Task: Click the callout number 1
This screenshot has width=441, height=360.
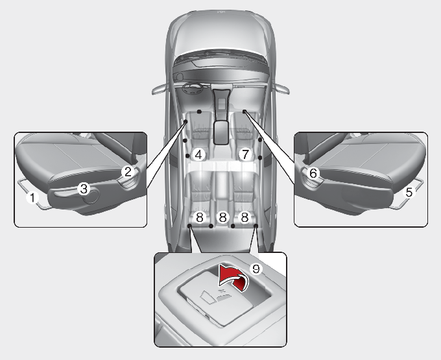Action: pyautogui.click(x=32, y=197)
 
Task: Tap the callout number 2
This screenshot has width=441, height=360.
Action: pyautogui.click(x=128, y=171)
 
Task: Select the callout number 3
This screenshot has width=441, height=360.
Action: pyautogui.click(x=84, y=189)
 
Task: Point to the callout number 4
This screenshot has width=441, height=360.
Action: pyautogui.click(x=198, y=154)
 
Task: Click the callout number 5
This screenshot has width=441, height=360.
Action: pyautogui.click(x=409, y=193)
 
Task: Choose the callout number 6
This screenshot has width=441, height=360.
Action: pyautogui.click(x=313, y=173)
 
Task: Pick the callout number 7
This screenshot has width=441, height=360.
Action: pyautogui.click(x=245, y=154)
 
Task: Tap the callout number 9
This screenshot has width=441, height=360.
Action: pyautogui.click(x=256, y=269)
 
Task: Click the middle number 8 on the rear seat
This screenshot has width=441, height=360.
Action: pyautogui.click(x=222, y=217)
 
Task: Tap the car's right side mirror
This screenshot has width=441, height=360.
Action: pyautogui.click(x=282, y=89)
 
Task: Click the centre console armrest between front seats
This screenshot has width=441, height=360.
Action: pyautogui.click(x=221, y=132)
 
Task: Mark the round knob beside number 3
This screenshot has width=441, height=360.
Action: pyautogui.click(x=91, y=196)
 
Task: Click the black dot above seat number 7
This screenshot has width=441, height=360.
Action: pyautogui.click(x=244, y=112)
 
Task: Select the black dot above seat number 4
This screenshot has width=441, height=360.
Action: pyautogui.click(x=199, y=112)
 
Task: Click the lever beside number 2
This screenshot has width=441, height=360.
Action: pyautogui.click(x=130, y=180)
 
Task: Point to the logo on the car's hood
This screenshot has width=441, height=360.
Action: pyautogui.click(x=221, y=12)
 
